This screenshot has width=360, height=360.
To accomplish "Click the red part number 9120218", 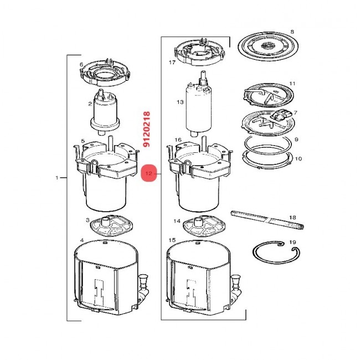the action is [146, 129].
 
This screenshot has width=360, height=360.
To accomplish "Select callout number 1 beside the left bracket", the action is [57, 178].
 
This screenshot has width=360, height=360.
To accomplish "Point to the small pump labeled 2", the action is [105, 112].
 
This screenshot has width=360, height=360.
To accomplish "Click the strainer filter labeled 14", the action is [204, 227].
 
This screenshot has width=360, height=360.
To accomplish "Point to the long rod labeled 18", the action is [268, 220].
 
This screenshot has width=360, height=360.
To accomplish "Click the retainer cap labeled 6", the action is [105, 73].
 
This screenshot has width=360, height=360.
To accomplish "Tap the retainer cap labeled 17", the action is [199, 53].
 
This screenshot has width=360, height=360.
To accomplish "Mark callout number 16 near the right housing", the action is [178, 140].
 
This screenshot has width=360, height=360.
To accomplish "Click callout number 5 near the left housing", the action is [83, 141].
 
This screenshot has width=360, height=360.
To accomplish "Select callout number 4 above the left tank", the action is [82, 240].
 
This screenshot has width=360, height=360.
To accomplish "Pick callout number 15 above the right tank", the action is [172, 240].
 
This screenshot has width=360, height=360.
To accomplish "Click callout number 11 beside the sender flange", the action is [292, 84].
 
